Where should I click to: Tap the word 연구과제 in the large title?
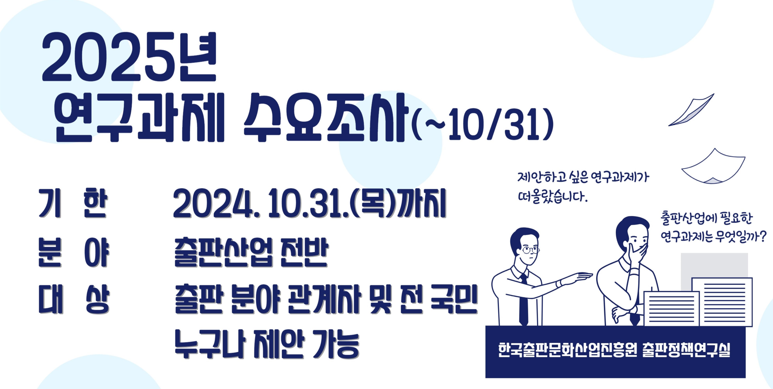[x=139, y=118]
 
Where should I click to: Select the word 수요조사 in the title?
[x=325, y=118]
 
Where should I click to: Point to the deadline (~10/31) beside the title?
[x=483, y=123]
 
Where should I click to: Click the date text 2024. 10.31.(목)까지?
[x=310, y=204]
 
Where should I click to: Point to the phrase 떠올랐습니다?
[x=552, y=197]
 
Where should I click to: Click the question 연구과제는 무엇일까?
[x=713, y=237]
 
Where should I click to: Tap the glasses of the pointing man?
[x=530, y=249]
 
